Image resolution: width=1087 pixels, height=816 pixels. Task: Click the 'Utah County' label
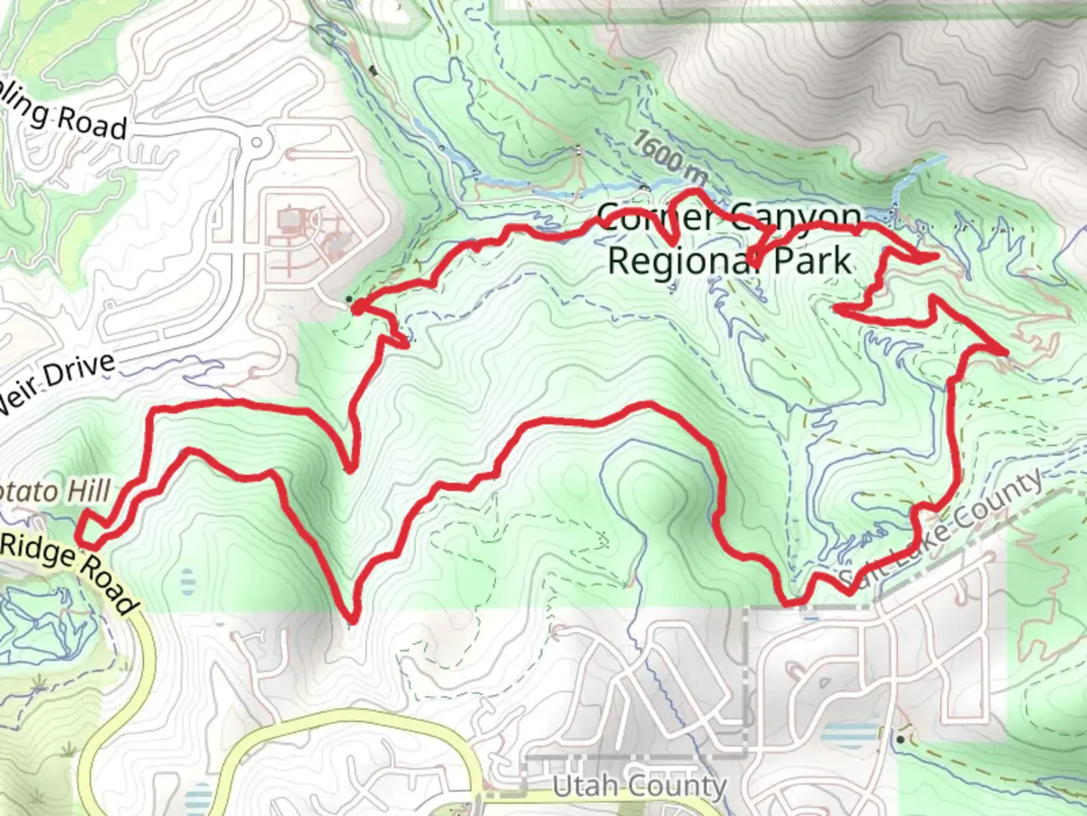tap(639, 787)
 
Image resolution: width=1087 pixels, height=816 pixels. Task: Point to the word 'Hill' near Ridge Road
tap(88, 491)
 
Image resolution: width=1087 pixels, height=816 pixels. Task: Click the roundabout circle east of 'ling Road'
tap(257, 142)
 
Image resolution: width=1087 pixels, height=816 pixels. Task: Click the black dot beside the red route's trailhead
tap(348, 299)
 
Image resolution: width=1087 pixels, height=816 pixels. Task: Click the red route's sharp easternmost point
tap(1005, 353)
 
